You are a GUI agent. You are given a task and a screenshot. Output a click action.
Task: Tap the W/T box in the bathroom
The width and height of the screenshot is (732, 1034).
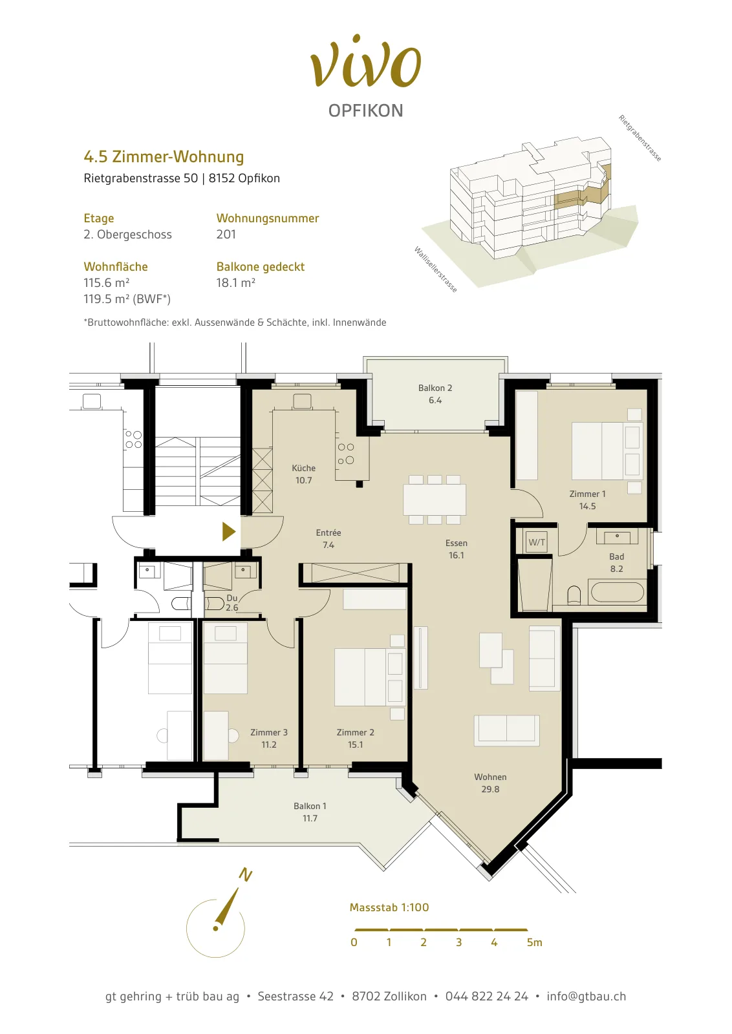(x=537, y=542)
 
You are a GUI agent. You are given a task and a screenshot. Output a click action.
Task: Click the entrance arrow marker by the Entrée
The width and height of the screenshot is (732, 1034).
(x=229, y=531)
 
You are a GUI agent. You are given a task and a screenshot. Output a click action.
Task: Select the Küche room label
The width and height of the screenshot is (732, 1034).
(x=304, y=468)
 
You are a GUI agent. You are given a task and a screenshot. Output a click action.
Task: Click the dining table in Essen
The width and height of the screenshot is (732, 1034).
(x=435, y=500)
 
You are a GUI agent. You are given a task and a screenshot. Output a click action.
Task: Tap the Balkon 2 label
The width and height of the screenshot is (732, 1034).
(x=435, y=388)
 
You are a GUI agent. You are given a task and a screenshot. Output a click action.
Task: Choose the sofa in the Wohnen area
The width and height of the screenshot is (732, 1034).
(x=506, y=730)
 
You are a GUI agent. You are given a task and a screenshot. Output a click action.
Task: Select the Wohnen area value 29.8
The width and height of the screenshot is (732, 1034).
(x=490, y=789)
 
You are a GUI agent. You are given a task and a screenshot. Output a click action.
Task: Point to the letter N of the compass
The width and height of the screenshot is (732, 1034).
(x=245, y=874)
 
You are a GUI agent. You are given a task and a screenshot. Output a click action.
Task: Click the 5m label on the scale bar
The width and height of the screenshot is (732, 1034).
(x=534, y=942)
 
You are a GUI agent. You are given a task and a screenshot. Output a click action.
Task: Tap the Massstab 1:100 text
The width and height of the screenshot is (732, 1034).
(x=389, y=907)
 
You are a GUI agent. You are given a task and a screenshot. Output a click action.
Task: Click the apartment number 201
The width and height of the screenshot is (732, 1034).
(x=226, y=234)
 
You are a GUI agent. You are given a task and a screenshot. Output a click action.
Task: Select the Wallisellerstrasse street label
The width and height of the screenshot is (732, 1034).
(x=435, y=269)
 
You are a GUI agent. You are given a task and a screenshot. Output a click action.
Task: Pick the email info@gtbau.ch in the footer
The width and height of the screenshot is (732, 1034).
(x=587, y=996)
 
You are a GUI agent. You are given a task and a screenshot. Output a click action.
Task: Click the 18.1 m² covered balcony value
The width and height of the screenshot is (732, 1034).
(x=235, y=282)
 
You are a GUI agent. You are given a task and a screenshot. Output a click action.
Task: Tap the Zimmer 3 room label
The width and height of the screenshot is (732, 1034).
(x=269, y=732)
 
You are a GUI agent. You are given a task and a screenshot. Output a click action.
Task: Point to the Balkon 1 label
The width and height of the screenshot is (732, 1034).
(x=310, y=806)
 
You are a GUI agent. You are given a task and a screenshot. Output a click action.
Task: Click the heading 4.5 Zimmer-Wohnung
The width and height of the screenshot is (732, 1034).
(x=164, y=157)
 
